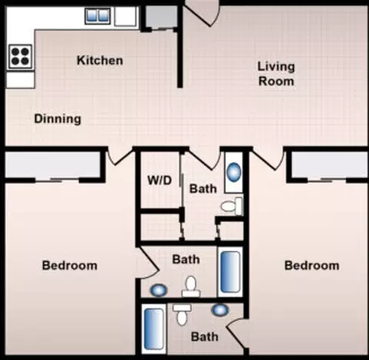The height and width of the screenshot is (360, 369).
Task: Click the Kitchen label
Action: tap(100, 61)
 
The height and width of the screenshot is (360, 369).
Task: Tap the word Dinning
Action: tap(58, 119)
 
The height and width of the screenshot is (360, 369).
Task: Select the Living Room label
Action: tap(276, 74)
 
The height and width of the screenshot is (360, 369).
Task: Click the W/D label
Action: tap(159, 181)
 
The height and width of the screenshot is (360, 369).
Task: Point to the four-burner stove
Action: tap(21, 57)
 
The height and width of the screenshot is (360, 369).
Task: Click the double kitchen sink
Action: tap(98, 15)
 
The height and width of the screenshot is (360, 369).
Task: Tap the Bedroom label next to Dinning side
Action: tap(69, 265)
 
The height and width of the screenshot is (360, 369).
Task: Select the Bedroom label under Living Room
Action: tap(312, 265)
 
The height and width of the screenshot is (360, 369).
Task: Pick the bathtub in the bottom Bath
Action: tap(154, 329)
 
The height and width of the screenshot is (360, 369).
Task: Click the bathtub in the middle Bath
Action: tap(230, 272)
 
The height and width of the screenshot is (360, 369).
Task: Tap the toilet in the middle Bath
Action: tap(191, 287)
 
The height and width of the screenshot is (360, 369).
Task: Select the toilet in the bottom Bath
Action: tap(182, 315)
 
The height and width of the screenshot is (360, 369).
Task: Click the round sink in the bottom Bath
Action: tap(220, 310)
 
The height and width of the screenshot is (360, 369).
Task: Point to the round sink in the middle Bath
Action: tap(158, 291)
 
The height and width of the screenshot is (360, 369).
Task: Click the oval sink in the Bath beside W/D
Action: tap(234, 172)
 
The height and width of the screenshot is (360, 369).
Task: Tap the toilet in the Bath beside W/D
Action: tap(231, 206)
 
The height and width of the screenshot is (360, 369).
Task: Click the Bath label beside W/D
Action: tap(203, 188)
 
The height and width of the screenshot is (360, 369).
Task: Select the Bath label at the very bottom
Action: tap(204, 337)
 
